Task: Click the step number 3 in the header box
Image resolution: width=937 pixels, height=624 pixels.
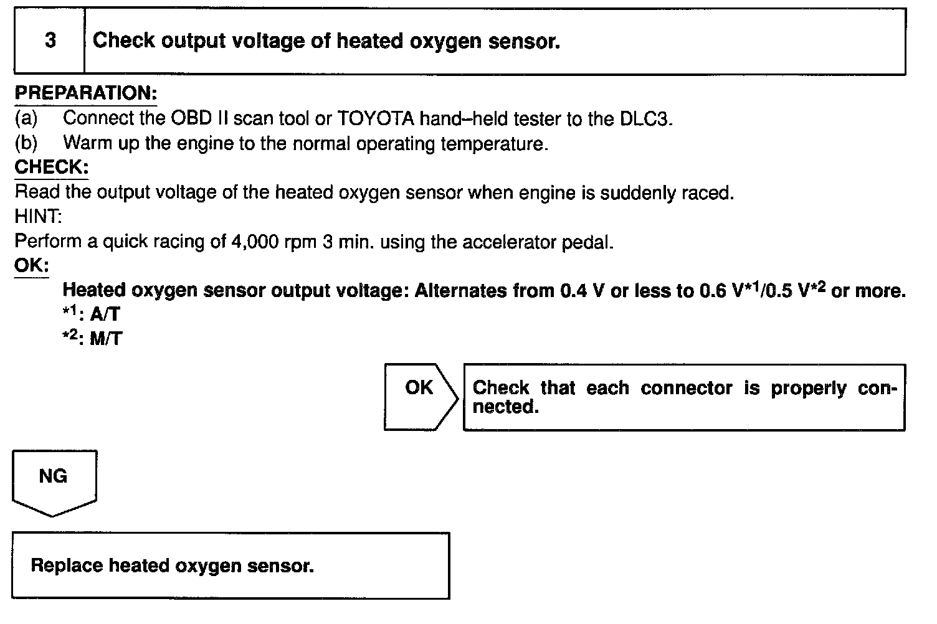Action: pyautogui.click(x=50, y=40)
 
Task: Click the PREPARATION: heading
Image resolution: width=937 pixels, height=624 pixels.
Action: pyautogui.click(x=85, y=93)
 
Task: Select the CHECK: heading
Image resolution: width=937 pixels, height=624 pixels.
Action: pyautogui.click(x=51, y=167)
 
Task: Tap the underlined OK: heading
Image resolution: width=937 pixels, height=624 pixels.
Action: pyautogui.click(x=31, y=265)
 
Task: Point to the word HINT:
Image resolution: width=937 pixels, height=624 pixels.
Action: pyautogui.click(x=38, y=217)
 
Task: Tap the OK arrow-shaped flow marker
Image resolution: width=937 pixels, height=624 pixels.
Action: pyautogui.click(x=419, y=388)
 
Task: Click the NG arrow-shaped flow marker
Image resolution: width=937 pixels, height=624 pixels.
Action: pyautogui.click(x=54, y=477)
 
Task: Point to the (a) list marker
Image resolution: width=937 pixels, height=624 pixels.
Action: pyautogui.click(x=26, y=118)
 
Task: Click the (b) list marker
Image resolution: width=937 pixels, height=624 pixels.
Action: pyautogui.click(x=26, y=143)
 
